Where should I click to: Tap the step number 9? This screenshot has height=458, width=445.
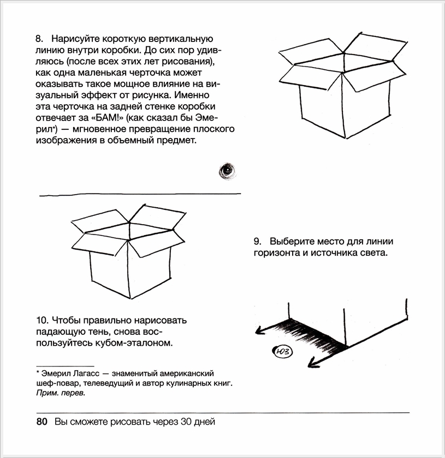click(257, 242)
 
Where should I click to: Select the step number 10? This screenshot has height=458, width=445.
click(41, 320)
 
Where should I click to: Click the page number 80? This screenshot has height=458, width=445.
click(42, 422)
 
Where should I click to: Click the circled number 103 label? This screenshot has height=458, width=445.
click(282, 352)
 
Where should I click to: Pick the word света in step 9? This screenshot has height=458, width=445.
click(375, 254)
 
